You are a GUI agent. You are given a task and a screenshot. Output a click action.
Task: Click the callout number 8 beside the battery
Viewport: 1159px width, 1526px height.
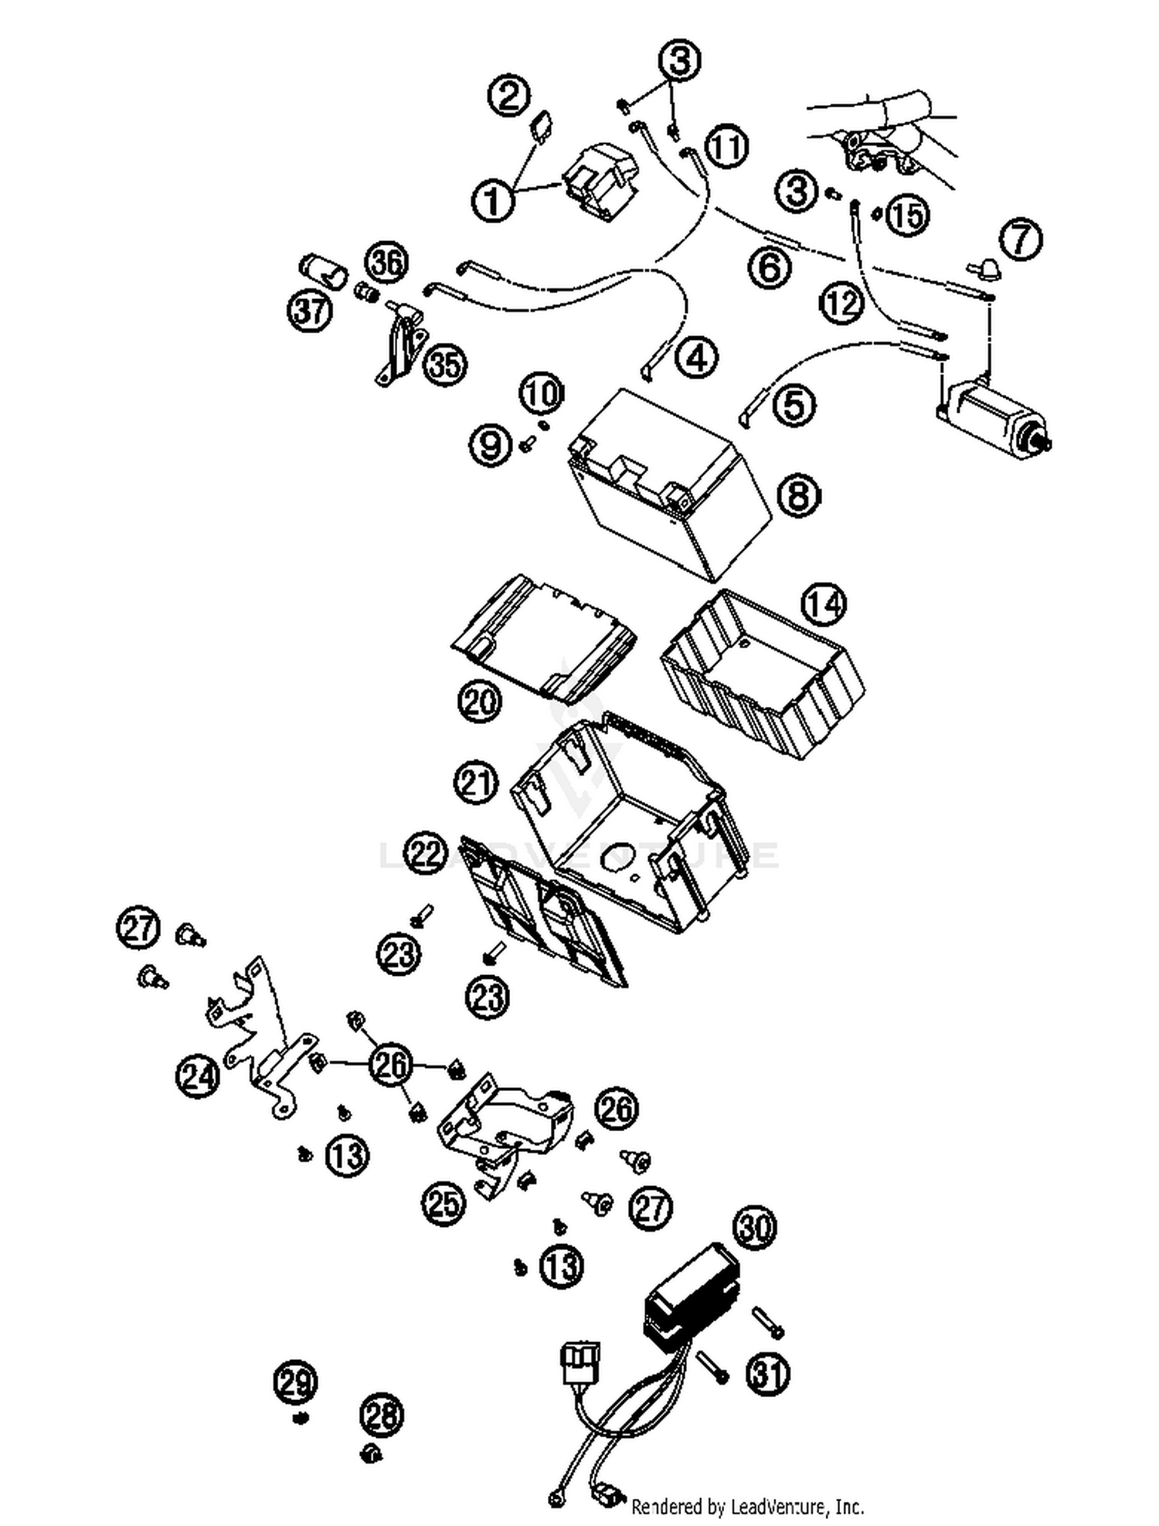coord(799,495)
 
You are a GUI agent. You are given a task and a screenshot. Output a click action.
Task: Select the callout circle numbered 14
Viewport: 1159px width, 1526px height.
coord(824,604)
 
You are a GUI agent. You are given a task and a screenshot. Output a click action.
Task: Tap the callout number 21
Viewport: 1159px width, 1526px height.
coord(475,783)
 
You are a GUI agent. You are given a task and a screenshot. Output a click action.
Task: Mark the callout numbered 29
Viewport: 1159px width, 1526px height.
coord(296,1382)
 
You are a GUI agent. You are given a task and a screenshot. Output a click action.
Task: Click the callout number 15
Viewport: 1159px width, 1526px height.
coord(907,216)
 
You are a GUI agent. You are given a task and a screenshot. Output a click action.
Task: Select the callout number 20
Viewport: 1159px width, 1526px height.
coord(480,702)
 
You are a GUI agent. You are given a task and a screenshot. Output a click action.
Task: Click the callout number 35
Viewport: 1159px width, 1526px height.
coord(445,365)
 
